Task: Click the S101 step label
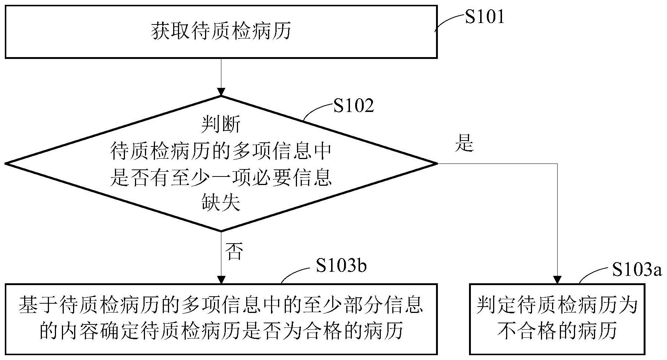click(x=485, y=17)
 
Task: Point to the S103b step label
click(x=341, y=266)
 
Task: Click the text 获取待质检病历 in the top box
click(x=221, y=31)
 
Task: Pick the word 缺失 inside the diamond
click(x=221, y=202)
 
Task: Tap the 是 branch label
click(x=465, y=143)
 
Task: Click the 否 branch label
click(x=234, y=252)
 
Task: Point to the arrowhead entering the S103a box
click(x=557, y=280)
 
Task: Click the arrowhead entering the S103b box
click(x=221, y=280)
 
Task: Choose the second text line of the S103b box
click(x=221, y=331)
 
